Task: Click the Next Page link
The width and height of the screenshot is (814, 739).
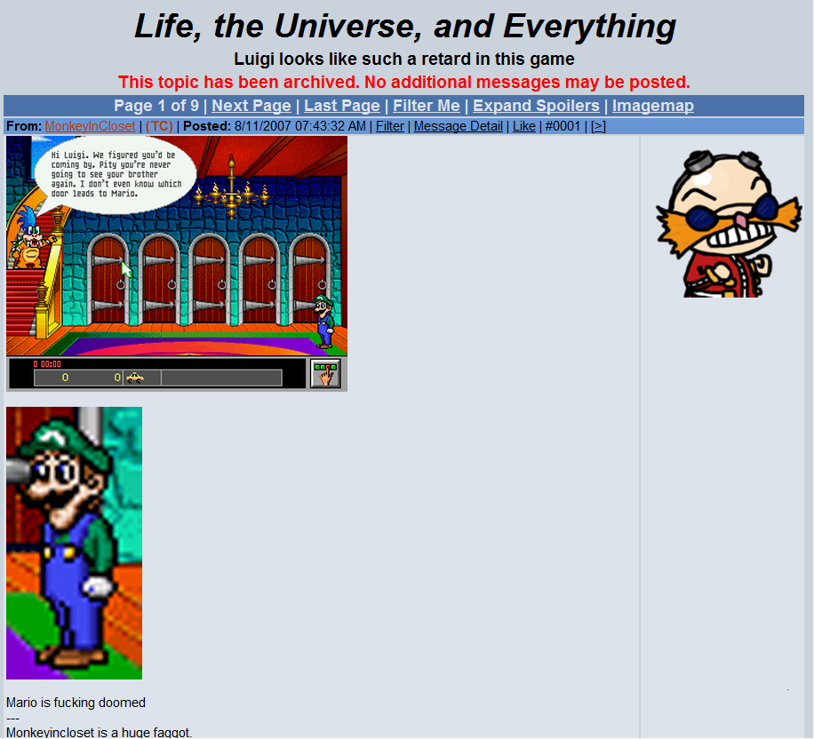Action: point(251,106)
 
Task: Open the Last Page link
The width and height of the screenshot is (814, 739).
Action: point(341,106)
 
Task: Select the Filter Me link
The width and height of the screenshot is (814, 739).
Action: point(426,106)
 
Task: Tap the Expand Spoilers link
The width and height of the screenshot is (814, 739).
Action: point(536,106)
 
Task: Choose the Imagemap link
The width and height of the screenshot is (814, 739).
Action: point(652,106)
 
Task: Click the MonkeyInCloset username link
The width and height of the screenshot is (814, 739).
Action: point(91,126)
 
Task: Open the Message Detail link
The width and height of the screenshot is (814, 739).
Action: point(458,126)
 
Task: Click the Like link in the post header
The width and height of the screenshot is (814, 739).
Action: point(524,126)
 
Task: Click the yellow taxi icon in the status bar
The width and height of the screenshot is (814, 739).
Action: point(134,377)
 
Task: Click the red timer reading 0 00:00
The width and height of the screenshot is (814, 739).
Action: point(47,364)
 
